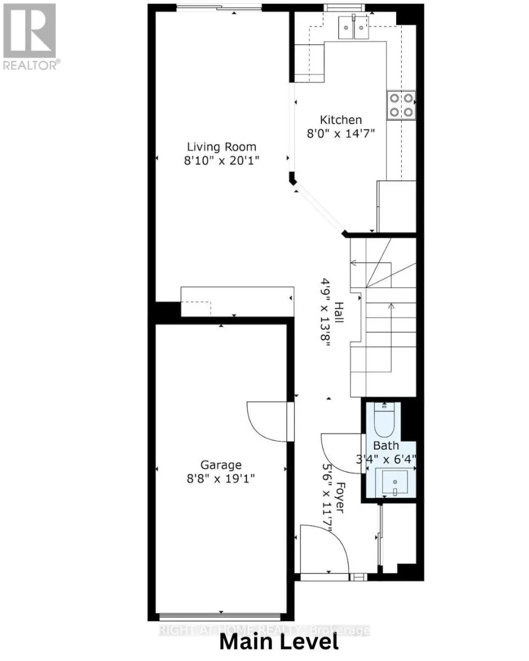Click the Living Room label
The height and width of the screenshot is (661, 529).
point(222,147)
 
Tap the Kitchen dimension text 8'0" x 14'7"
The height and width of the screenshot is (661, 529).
point(341,133)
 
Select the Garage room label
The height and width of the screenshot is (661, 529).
point(221,465)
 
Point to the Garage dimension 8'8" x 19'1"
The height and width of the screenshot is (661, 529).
point(221,479)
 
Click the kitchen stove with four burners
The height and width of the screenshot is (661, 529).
point(401,105)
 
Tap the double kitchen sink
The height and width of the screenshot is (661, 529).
point(353,26)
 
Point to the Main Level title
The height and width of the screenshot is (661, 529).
point(279,642)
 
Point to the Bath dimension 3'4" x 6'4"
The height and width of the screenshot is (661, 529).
point(394,458)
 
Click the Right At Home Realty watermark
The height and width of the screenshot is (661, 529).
point(264,630)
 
